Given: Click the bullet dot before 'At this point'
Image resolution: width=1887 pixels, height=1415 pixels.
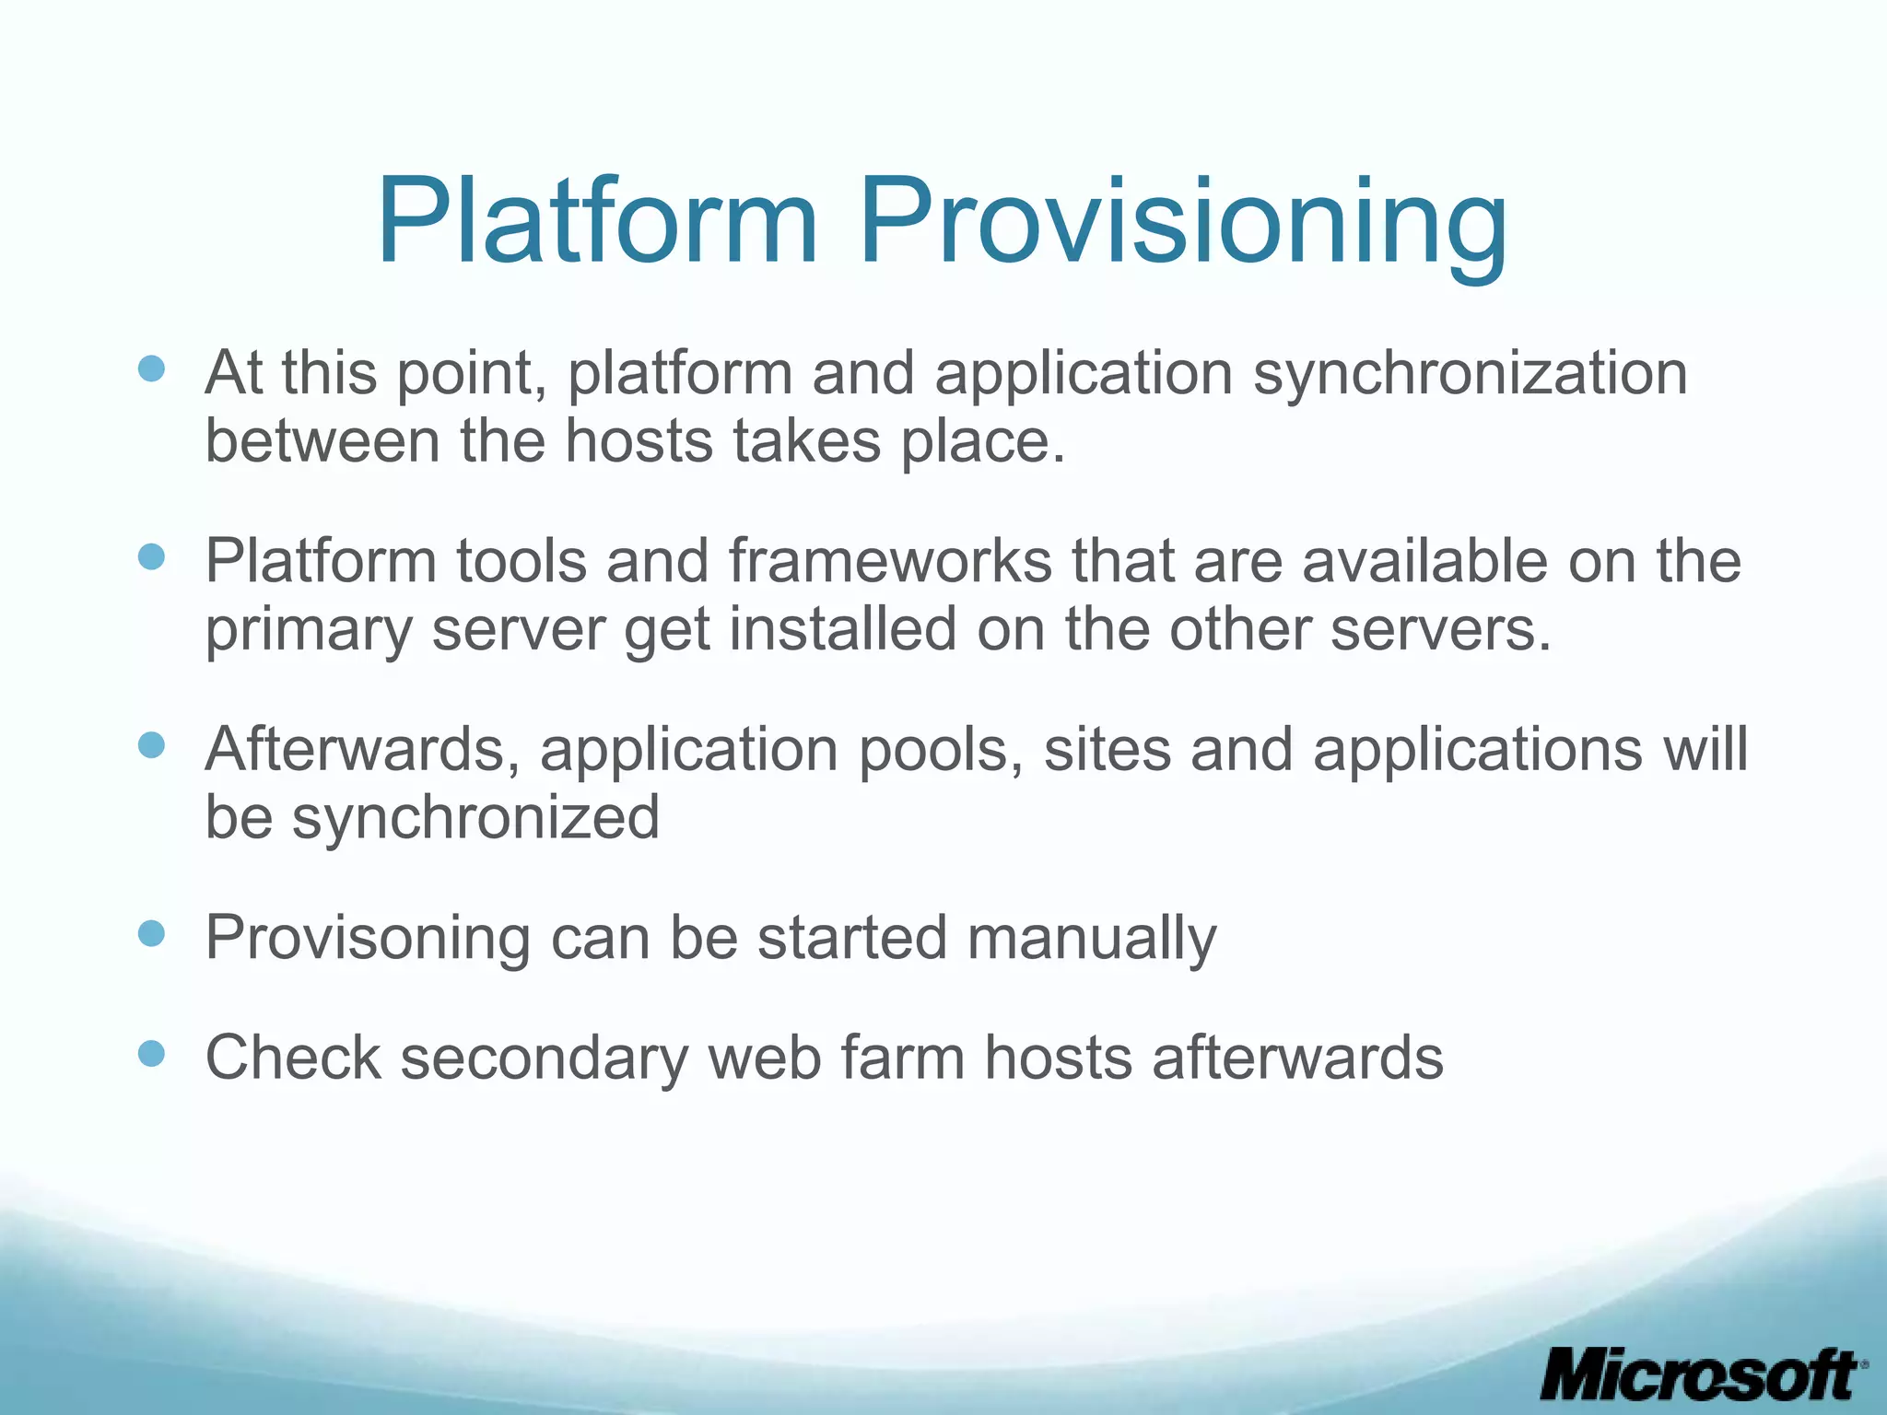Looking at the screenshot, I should click(151, 369).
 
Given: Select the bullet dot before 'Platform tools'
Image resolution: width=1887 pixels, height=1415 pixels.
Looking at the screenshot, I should click(151, 556).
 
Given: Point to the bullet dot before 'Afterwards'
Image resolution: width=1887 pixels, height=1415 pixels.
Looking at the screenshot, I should click(151, 744).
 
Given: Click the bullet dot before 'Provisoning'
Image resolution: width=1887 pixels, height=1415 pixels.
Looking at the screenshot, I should click(151, 933).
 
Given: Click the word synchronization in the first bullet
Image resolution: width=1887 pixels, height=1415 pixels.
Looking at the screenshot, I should click(1471, 374).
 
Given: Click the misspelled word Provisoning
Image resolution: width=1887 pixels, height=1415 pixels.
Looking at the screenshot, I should click(367, 938).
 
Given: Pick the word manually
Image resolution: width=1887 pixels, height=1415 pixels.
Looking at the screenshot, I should click(1092, 938).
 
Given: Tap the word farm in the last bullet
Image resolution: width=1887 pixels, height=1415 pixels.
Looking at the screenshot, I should click(902, 1058).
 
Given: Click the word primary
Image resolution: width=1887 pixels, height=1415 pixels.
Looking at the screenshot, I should click(308, 630).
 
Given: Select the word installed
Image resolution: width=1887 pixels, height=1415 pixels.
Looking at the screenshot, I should click(843, 630).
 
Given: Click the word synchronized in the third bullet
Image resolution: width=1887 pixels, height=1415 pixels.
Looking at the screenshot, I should click(475, 817).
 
